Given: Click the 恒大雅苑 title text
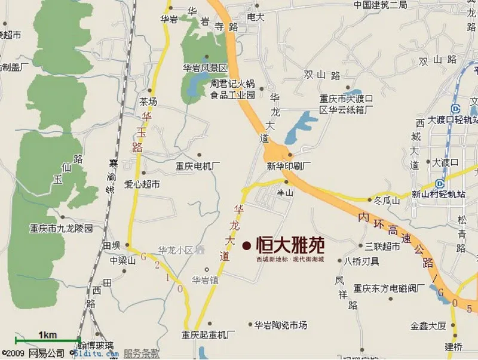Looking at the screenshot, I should click(290, 245).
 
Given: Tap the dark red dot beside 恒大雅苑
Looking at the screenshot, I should click(247, 245).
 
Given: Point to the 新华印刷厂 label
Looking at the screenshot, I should click(289, 165).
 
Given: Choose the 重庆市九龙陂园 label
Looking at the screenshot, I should click(62, 228).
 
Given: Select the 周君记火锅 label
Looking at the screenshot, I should click(232, 84).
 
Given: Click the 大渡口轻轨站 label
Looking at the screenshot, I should click(445, 120).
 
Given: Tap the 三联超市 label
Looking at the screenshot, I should click(382, 245).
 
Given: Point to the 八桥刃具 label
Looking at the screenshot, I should click(363, 261).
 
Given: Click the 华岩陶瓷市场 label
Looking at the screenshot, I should click(281, 325).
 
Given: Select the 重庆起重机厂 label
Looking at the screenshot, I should click(209, 334).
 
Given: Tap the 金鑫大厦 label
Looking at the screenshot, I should click(428, 326).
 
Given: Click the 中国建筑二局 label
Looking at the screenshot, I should click(380, 5).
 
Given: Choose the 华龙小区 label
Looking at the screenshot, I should click(176, 250).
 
